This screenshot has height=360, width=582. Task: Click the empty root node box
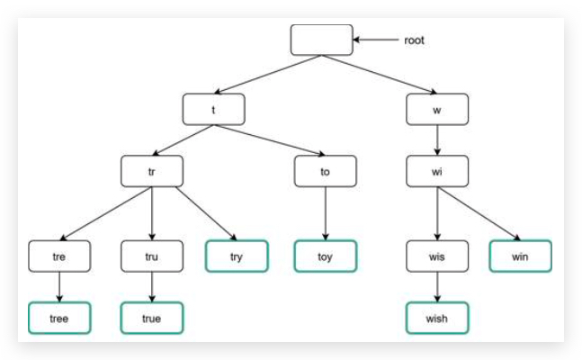[x=321, y=40]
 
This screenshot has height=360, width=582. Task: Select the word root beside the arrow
[x=415, y=40]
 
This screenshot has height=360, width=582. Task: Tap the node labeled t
[x=213, y=110]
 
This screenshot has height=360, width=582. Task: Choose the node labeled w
[x=437, y=110]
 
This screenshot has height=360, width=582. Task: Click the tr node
[x=152, y=170]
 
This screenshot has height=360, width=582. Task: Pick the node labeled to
[x=325, y=170]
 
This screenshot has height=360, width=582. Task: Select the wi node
[x=437, y=170]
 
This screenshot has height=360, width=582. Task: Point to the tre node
[x=59, y=256]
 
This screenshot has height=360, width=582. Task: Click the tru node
[x=152, y=256]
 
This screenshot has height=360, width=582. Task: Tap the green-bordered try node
[x=237, y=256]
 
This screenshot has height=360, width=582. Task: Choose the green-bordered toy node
[x=325, y=256]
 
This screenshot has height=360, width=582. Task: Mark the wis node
[x=437, y=256]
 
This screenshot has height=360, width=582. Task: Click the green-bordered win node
[x=520, y=256]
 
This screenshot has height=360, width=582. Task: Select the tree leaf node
[x=59, y=319]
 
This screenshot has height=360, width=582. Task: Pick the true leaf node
[x=152, y=319]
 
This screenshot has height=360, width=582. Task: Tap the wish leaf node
[x=437, y=319]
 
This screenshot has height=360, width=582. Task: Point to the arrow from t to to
[x=270, y=140]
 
